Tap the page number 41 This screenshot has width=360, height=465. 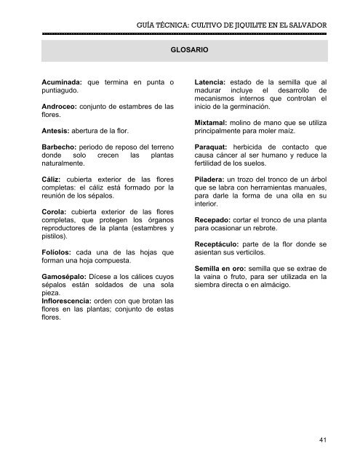pyautogui.click(x=321, y=440)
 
